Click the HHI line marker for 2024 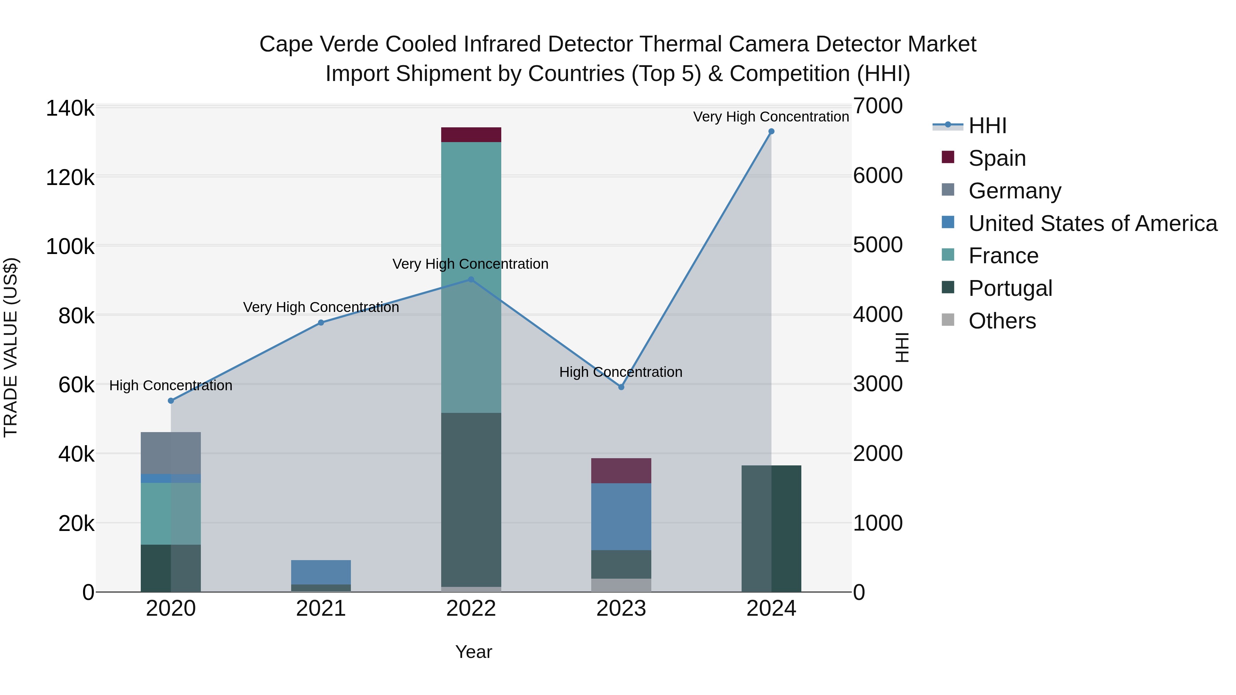point(771,131)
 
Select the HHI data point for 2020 point(171,401)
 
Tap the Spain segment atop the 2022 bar point(471,135)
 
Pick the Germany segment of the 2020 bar point(171,453)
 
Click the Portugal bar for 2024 point(771,529)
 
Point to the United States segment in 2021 point(321,572)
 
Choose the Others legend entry point(1002,321)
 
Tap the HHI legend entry point(987,126)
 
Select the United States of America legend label point(1092,223)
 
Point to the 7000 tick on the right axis point(878,106)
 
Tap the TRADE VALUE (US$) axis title point(11,347)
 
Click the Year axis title point(473,652)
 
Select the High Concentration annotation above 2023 point(620,372)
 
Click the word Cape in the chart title point(286,44)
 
